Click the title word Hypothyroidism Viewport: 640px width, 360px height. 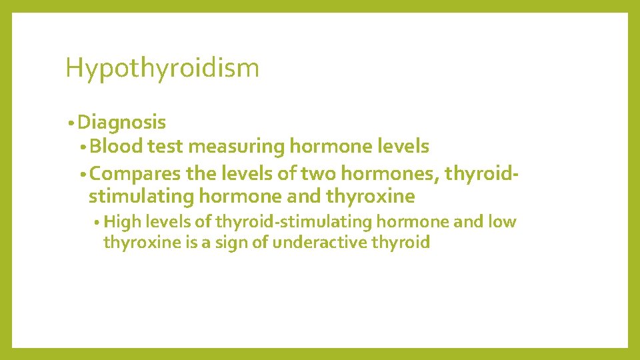tap(162, 69)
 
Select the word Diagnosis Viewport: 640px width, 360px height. tap(121, 123)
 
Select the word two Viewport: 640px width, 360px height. tap(318, 174)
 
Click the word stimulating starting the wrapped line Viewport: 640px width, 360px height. tap(140, 197)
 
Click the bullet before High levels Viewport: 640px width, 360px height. tap(97, 223)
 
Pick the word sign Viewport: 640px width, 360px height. tap(234, 242)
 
